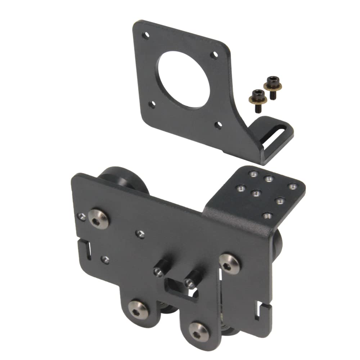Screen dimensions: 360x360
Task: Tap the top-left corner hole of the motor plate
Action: click(145, 36)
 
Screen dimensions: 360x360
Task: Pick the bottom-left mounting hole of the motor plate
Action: click(152, 105)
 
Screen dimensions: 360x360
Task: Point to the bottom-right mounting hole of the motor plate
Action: click(218, 125)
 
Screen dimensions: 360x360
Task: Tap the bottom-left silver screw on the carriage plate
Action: click(139, 309)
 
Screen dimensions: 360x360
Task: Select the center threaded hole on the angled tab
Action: click(256, 194)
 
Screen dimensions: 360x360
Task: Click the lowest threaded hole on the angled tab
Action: click(267, 215)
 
